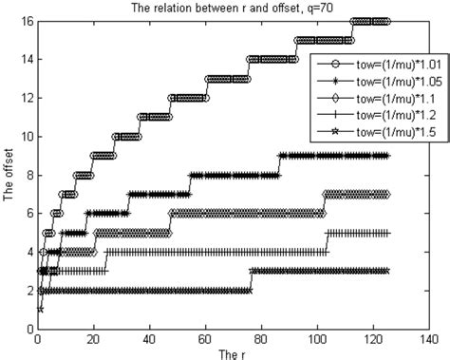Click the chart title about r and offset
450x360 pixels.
[x=225, y=9]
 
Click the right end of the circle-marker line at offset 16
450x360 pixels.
[x=386, y=20]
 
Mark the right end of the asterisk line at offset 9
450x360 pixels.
[x=386, y=156]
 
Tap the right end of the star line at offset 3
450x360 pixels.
[x=386, y=271]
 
